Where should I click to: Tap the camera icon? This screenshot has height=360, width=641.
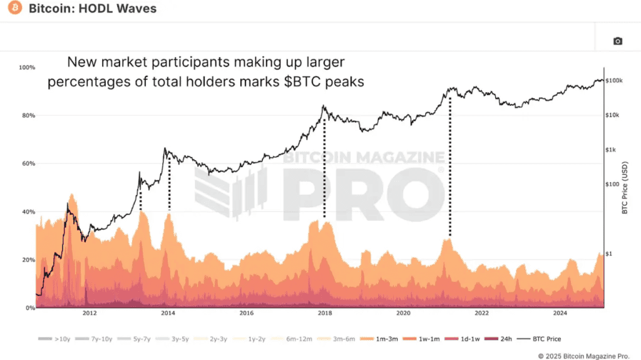[617, 41]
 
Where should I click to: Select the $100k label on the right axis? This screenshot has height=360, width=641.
[614, 81]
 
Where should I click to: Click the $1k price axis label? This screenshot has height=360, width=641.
[612, 150]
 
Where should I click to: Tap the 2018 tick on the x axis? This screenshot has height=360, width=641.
[324, 313]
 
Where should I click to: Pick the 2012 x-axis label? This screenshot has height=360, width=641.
[89, 313]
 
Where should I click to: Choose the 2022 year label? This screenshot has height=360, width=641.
[481, 313]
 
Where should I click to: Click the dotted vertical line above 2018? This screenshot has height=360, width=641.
[324, 169]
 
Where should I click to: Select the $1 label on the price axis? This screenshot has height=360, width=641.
[609, 254]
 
